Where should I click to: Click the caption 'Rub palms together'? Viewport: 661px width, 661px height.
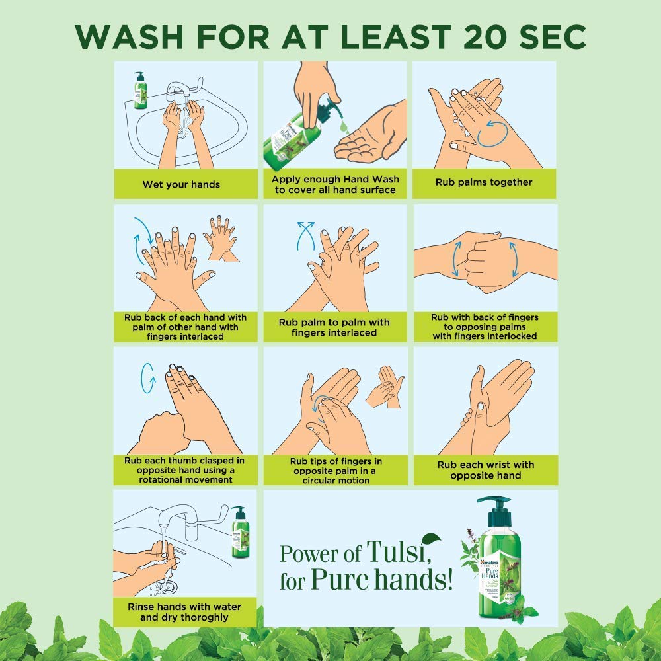484,182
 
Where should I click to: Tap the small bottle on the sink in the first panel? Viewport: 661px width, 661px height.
139,91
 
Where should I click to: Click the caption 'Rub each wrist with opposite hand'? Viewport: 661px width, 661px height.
485,470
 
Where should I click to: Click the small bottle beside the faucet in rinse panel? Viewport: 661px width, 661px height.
239,533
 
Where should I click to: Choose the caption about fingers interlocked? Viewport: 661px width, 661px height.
485,327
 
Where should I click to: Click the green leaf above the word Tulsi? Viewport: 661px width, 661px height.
432,538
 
